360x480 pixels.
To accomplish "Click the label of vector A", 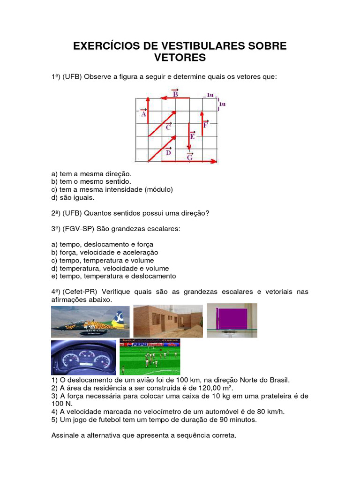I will [143, 113].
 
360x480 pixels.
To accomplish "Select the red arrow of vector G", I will [183, 162].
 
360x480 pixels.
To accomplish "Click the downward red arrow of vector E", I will [188, 136].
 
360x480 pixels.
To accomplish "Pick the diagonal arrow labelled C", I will [162, 123].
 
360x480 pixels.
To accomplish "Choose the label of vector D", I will [168, 151].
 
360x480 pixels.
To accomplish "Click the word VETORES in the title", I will [180, 58].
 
